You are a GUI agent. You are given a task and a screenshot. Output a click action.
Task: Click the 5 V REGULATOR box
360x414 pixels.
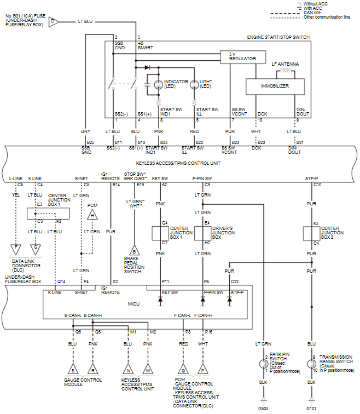[239, 56]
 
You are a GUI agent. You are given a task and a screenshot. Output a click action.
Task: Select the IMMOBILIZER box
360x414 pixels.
[274, 86]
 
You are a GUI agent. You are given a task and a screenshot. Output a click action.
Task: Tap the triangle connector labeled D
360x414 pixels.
[53, 21]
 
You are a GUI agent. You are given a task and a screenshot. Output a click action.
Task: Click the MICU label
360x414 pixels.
[134, 303]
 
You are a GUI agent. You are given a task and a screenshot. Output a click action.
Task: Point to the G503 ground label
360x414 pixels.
[264, 409]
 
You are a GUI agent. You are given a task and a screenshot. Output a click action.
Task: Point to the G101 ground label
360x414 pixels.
[311, 409]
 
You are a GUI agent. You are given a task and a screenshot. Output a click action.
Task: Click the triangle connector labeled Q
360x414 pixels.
[183, 368]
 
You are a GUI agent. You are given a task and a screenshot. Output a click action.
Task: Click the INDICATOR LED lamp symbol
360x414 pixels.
[159, 84]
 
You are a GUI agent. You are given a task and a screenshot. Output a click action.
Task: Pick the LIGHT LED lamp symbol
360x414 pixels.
[194, 84]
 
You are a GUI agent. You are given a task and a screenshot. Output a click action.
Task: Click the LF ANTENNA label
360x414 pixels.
[285, 64]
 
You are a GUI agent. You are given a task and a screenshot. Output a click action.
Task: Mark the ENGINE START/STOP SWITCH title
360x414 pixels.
[278, 37]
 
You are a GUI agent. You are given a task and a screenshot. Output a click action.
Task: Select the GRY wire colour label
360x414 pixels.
[86, 132]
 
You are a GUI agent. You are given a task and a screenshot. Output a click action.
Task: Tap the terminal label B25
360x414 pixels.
[90, 142]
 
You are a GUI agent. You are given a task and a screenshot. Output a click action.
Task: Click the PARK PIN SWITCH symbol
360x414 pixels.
[264, 363]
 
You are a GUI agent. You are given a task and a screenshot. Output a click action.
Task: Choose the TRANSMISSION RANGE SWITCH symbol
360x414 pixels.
[311, 363]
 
